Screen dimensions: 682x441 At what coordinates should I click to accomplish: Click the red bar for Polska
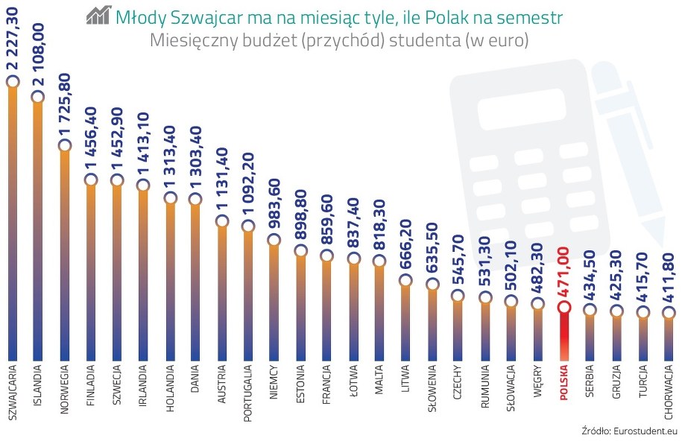(563, 335)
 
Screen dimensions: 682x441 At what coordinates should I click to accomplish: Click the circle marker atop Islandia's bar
(38, 96)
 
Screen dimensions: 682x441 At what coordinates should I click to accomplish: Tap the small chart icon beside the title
(98, 15)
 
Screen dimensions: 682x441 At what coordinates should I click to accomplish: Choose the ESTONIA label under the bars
(300, 384)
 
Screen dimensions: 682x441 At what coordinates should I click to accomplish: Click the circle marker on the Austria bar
(221, 221)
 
